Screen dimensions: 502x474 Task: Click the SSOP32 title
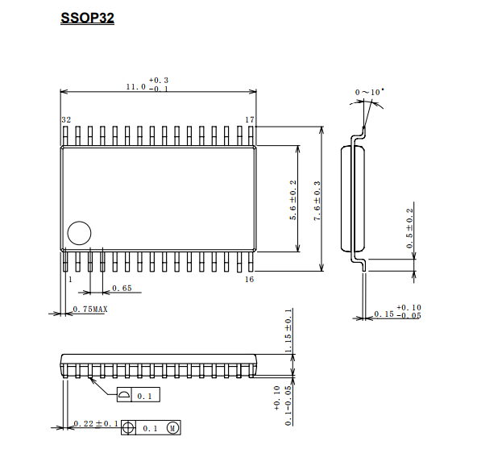(87, 18)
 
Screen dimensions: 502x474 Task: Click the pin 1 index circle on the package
(79, 233)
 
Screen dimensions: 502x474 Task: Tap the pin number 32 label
(66, 120)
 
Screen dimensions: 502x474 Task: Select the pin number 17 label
(250, 120)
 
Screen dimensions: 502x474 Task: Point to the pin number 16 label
(250, 279)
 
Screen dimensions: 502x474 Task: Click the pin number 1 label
(70, 279)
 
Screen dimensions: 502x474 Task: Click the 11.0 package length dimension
(136, 87)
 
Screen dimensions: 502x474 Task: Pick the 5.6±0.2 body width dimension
(293, 200)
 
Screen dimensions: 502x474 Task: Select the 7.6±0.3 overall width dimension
(317, 201)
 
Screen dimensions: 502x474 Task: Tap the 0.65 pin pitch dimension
(122, 289)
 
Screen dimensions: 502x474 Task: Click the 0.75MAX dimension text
(90, 309)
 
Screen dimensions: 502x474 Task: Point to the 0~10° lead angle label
(370, 92)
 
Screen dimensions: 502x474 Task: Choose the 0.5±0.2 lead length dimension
(410, 228)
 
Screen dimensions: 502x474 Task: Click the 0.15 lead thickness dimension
(384, 314)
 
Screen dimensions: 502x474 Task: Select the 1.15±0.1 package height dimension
(288, 331)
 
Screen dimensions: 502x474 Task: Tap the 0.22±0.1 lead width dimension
(96, 424)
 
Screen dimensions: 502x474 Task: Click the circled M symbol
(173, 428)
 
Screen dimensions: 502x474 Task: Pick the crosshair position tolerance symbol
(128, 428)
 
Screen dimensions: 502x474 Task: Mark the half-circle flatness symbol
(124, 394)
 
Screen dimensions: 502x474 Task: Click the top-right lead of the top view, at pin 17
(251, 135)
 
